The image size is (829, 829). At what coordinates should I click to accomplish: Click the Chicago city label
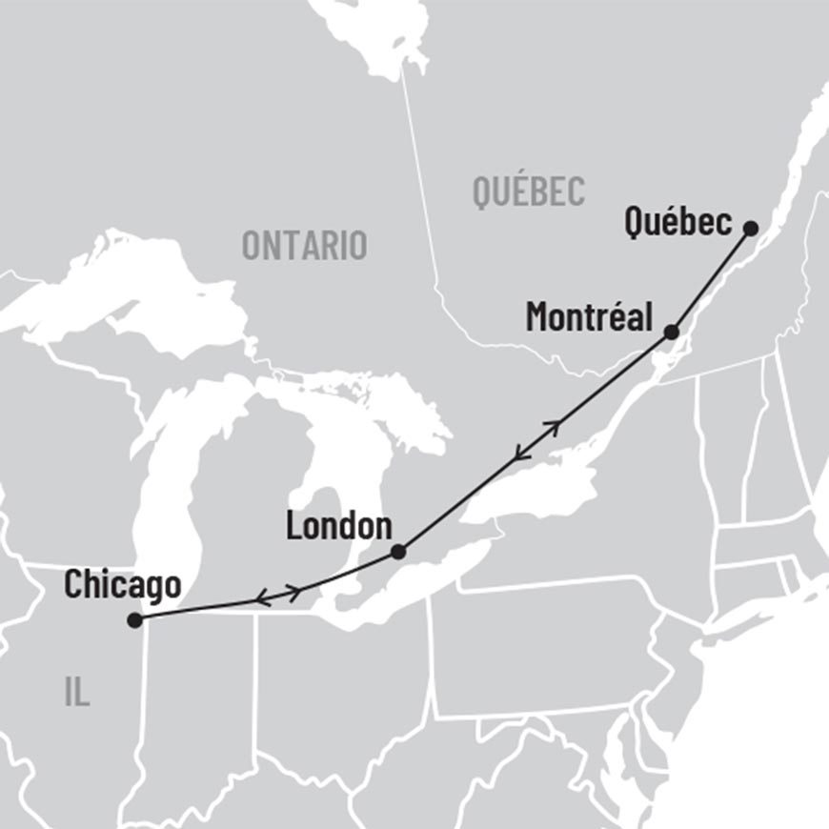[x=122, y=584]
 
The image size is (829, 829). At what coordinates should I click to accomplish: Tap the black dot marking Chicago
[x=134, y=620]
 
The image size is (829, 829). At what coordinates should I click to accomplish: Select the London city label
[x=338, y=526]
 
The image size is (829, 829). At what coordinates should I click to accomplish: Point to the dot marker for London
[x=398, y=552]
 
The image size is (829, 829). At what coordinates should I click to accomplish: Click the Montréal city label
[x=589, y=316]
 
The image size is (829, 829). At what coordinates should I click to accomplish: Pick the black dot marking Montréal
[x=671, y=333]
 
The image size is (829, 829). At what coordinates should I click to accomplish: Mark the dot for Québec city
[x=750, y=229]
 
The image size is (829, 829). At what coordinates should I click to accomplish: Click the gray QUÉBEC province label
[x=529, y=192]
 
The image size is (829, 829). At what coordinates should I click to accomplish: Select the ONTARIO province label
[x=304, y=245]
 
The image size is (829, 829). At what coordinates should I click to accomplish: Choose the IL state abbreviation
[x=77, y=693]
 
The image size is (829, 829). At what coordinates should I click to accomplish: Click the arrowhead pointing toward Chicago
[x=262, y=599]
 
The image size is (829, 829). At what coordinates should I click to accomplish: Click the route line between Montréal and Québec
[x=710, y=281]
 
